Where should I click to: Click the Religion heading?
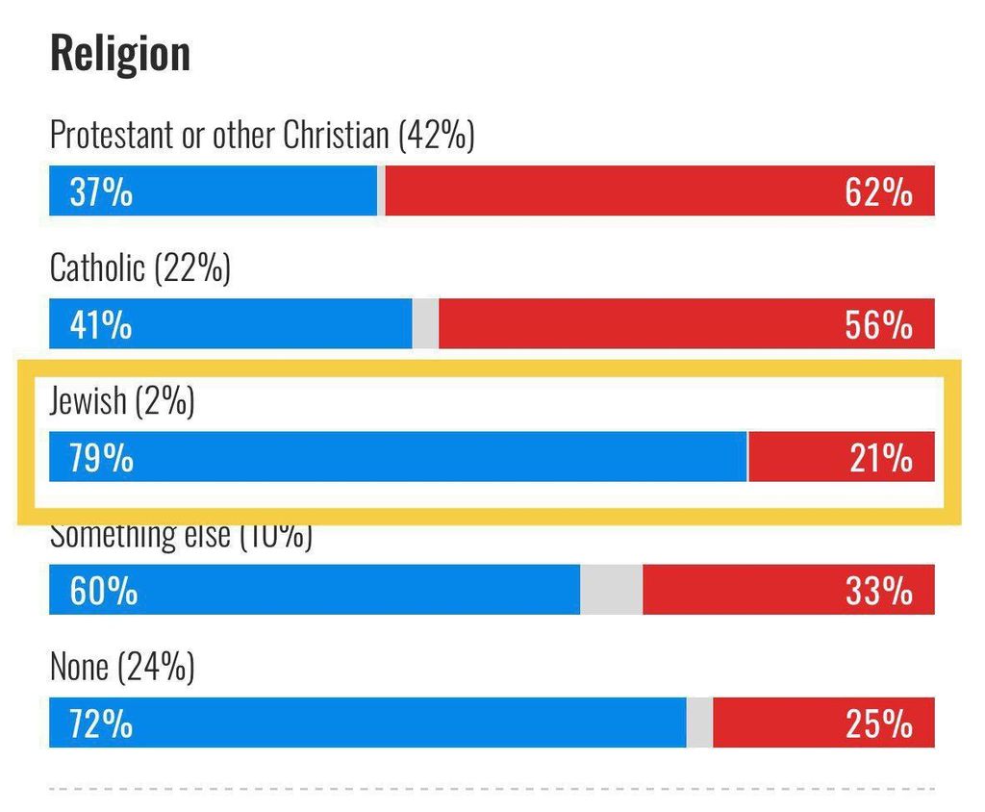click(119, 54)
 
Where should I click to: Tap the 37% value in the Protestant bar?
click(101, 192)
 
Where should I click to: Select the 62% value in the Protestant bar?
click(878, 192)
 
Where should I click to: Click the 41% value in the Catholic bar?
click(101, 325)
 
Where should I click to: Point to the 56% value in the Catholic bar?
click(878, 325)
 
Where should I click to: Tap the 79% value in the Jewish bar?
click(101, 458)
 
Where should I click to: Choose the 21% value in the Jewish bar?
click(880, 458)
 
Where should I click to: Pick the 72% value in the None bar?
click(101, 723)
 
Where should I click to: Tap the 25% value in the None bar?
click(878, 723)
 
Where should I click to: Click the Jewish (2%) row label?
click(122, 401)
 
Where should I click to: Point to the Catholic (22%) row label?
click(140, 268)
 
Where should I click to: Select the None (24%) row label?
click(122, 667)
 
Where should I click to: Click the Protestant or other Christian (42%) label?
click(263, 136)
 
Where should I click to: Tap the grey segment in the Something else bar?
click(611, 590)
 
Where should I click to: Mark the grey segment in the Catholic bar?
click(425, 324)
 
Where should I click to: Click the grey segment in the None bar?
click(699, 723)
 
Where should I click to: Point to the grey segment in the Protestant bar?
click(381, 191)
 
